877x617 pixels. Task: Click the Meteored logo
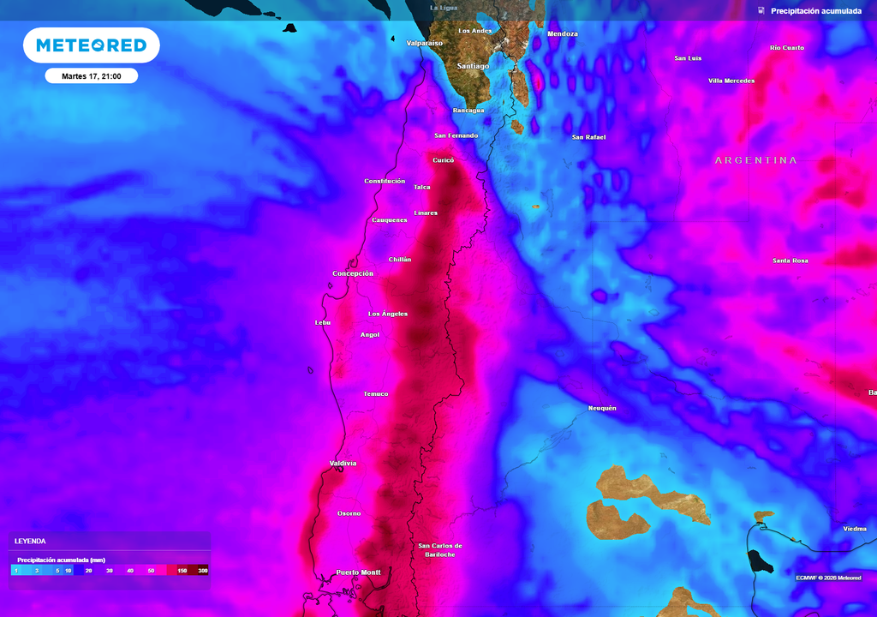point(91,45)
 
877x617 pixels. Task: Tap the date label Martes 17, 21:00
point(91,76)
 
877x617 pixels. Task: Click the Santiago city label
point(473,65)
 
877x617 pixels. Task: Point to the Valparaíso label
point(424,42)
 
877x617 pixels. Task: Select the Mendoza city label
point(563,34)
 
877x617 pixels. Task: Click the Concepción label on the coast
point(353,273)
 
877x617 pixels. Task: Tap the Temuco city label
point(375,394)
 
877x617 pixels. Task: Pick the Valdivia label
point(343,464)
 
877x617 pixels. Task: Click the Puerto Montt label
point(358,572)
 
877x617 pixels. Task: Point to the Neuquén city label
point(602,408)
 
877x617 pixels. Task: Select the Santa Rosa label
point(790,261)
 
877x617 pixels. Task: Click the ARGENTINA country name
point(755,160)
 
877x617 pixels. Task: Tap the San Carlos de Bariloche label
point(440,550)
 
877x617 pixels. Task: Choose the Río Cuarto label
point(787,48)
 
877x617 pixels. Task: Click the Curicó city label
point(443,160)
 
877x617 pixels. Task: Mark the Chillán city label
point(400,259)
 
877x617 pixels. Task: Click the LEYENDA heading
point(30,542)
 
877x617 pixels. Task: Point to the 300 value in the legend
point(202,570)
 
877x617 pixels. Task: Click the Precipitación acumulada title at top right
point(815,11)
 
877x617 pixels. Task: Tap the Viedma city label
point(855,529)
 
